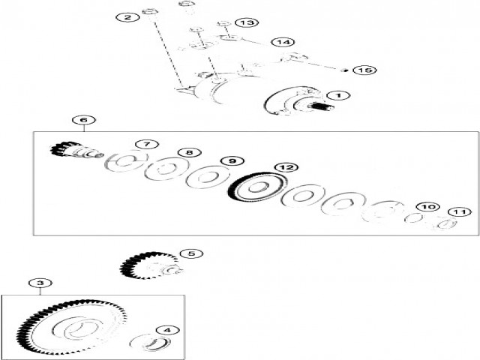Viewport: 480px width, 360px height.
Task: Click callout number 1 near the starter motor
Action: pyautogui.click(x=338, y=96)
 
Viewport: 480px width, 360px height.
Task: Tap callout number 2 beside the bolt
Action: pyautogui.click(x=127, y=17)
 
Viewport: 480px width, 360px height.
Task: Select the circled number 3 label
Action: pyautogui.click(x=40, y=283)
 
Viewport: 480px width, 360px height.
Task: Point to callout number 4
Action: pyautogui.click(x=168, y=330)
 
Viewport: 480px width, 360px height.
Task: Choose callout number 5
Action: pyautogui.click(x=191, y=253)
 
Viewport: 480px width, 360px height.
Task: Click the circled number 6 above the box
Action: pyautogui.click(x=84, y=120)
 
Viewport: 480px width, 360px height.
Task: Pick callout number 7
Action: pyautogui.click(x=147, y=144)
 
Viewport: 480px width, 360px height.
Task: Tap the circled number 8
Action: pyautogui.click(x=190, y=152)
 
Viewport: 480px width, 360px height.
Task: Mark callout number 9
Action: pyautogui.click(x=232, y=161)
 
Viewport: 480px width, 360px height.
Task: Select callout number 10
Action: pyautogui.click(x=428, y=207)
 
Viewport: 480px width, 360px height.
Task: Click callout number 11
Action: pyautogui.click(x=460, y=212)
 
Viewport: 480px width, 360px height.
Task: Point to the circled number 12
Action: pyautogui.click(x=286, y=167)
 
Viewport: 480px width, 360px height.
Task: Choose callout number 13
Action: pyautogui.click(x=247, y=22)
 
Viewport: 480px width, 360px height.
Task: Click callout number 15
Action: pyautogui.click(x=364, y=70)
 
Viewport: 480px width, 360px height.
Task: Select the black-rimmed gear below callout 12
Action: pyautogui.click(x=257, y=187)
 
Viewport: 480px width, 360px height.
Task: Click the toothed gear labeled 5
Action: pyautogui.click(x=151, y=265)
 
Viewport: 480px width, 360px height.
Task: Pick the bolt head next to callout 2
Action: pyautogui.click(x=150, y=12)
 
